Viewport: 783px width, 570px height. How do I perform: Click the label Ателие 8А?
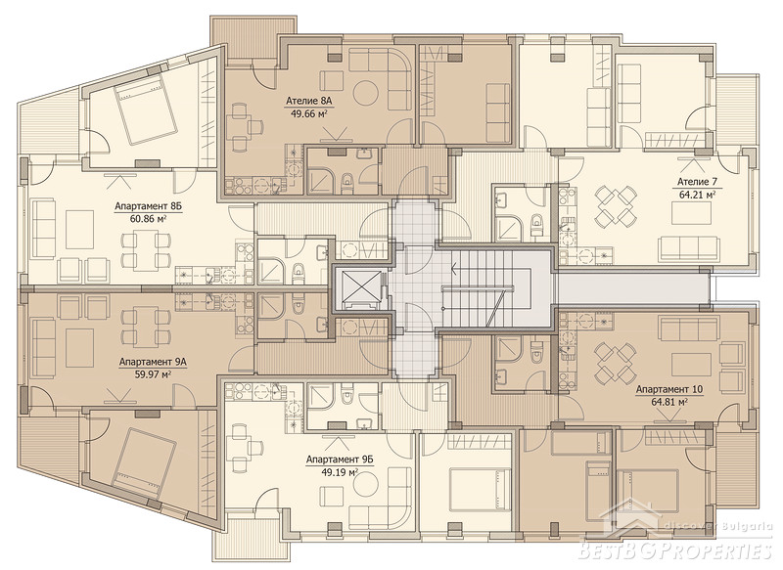309,102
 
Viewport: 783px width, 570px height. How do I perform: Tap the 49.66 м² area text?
308,113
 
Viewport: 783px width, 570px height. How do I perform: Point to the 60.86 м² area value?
148,218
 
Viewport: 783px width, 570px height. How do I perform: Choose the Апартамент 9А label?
153,362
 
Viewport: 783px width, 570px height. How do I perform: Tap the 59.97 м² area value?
153,373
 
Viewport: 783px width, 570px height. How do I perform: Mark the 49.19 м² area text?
340,471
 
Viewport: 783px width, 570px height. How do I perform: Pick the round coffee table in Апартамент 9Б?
369,482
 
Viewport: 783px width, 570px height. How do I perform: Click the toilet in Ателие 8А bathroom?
346,183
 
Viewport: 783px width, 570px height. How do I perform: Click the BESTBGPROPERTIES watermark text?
674,549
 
